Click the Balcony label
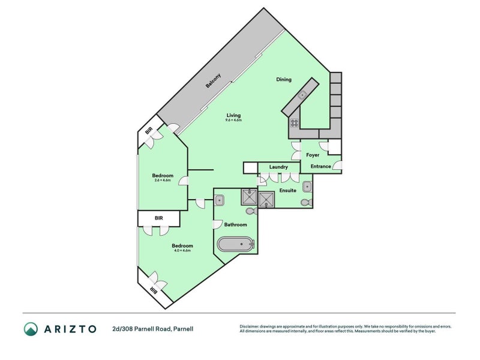pyautogui.click(x=214, y=81)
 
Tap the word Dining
pyautogui.click(x=284, y=79)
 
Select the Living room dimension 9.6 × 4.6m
pyautogui.click(x=234, y=120)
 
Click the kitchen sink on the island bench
pyautogui.click(x=303, y=95)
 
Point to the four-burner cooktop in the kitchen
pyautogui.click(x=295, y=122)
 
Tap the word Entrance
pyautogui.click(x=321, y=167)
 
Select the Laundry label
pyautogui.click(x=279, y=167)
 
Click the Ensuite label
pyautogui.click(x=287, y=190)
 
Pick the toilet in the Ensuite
pyautogui.click(x=306, y=202)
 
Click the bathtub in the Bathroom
pyautogui.click(x=236, y=244)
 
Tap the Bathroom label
pyautogui.click(x=235, y=225)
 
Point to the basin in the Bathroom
pyautogui.click(x=220, y=200)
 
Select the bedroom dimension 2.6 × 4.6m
pyautogui.click(x=163, y=181)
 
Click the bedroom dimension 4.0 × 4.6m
pyautogui.click(x=182, y=250)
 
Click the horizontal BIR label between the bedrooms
pyautogui.click(x=158, y=218)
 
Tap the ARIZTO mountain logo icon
pyautogui.click(x=31, y=328)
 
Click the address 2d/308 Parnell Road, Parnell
pyautogui.click(x=152, y=328)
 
